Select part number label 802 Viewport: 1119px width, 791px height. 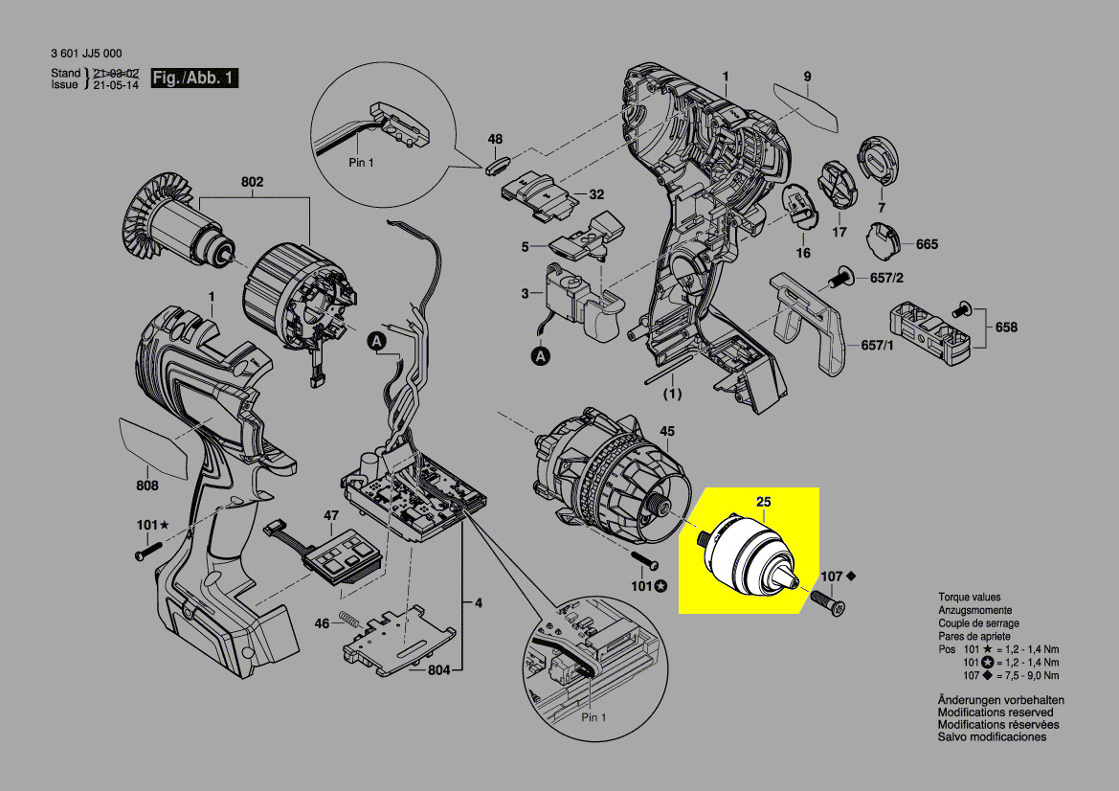pyautogui.click(x=253, y=182)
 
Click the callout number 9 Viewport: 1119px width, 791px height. pyautogui.click(x=807, y=77)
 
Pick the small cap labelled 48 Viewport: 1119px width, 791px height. pyautogui.click(x=495, y=162)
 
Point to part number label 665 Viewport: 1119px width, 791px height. pyautogui.click(x=927, y=244)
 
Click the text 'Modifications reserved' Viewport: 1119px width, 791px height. pyautogui.click(x=996, y=712)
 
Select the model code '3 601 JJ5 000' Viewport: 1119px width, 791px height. pyautogui.click(x=86, y=54)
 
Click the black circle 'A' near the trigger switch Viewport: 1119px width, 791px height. pyautogui.click(x=542, y=356)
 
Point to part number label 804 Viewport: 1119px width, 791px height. pyautogui.click(x=438, y=669)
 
